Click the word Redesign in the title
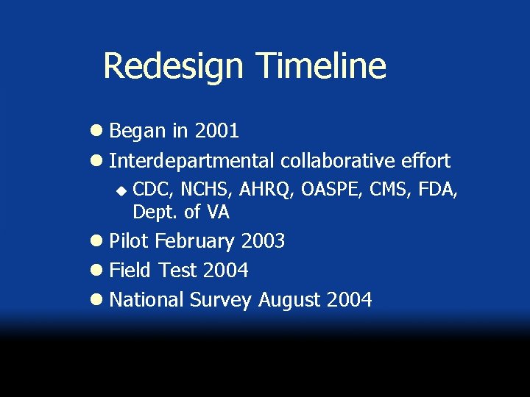[172, 66]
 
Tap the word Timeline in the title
[321, 65]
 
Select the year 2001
[216, 132]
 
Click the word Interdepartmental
[190, 160]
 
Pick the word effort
[426, 160]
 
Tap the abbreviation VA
[218, 212]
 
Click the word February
[194, 242]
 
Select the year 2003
[262, 241]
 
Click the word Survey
[221, 301]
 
